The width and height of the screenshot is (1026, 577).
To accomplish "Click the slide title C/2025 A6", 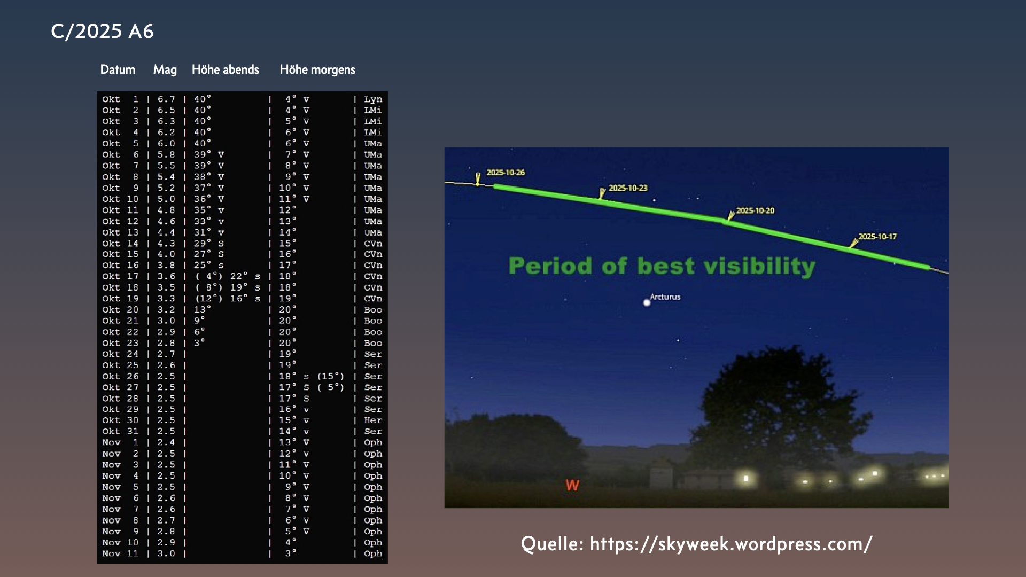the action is point(102,31).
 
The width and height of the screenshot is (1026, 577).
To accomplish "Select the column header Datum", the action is point(118,69).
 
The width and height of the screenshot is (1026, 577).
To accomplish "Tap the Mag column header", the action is point(165,70).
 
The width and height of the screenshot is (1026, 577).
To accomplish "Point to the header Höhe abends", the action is point(225,69).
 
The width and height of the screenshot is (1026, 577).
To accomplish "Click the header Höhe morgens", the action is point(317,70).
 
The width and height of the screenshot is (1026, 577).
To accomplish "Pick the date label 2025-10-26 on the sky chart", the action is point(506,173).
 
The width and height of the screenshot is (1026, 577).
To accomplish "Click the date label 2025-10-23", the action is point(628,188).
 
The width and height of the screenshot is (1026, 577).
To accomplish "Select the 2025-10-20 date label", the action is point(755,210).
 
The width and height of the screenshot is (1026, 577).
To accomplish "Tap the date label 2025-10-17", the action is point(877,237).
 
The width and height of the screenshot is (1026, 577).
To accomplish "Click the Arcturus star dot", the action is point(647,302).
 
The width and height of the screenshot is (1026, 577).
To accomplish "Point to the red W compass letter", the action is point(572,485).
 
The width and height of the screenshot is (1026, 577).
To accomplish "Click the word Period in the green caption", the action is point(550,266).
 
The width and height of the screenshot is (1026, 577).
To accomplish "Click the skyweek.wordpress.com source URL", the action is point(731,544).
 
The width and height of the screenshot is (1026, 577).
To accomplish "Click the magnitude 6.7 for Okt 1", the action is point(166,99).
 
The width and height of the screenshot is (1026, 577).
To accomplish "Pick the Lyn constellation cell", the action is point(373,99).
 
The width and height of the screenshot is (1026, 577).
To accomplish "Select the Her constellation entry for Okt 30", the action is point(373,420).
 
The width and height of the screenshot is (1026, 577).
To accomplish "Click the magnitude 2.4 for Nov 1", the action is point(166,442).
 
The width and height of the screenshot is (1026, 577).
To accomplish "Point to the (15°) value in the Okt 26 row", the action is point(331,376).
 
